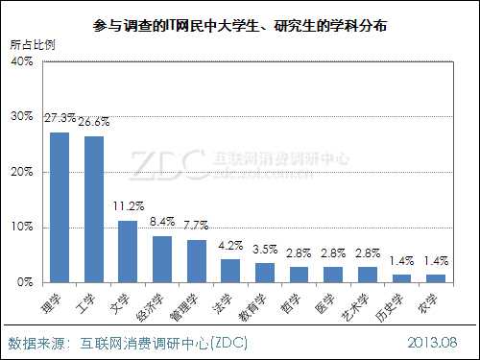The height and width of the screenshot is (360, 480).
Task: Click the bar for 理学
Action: pos(60,207)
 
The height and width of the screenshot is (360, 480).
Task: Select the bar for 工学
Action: pos(93,209)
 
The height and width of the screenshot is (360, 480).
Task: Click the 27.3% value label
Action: pos(60,117)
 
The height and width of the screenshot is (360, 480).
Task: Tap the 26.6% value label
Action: pos(94,121)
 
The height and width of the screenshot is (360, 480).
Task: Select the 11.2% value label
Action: pos(128,205)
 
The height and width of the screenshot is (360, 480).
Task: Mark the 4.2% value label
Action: pos(230,245)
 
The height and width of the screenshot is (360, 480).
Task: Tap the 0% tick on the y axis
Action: pos(24,283)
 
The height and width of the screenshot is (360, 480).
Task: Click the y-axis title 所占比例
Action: pos(32,44)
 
